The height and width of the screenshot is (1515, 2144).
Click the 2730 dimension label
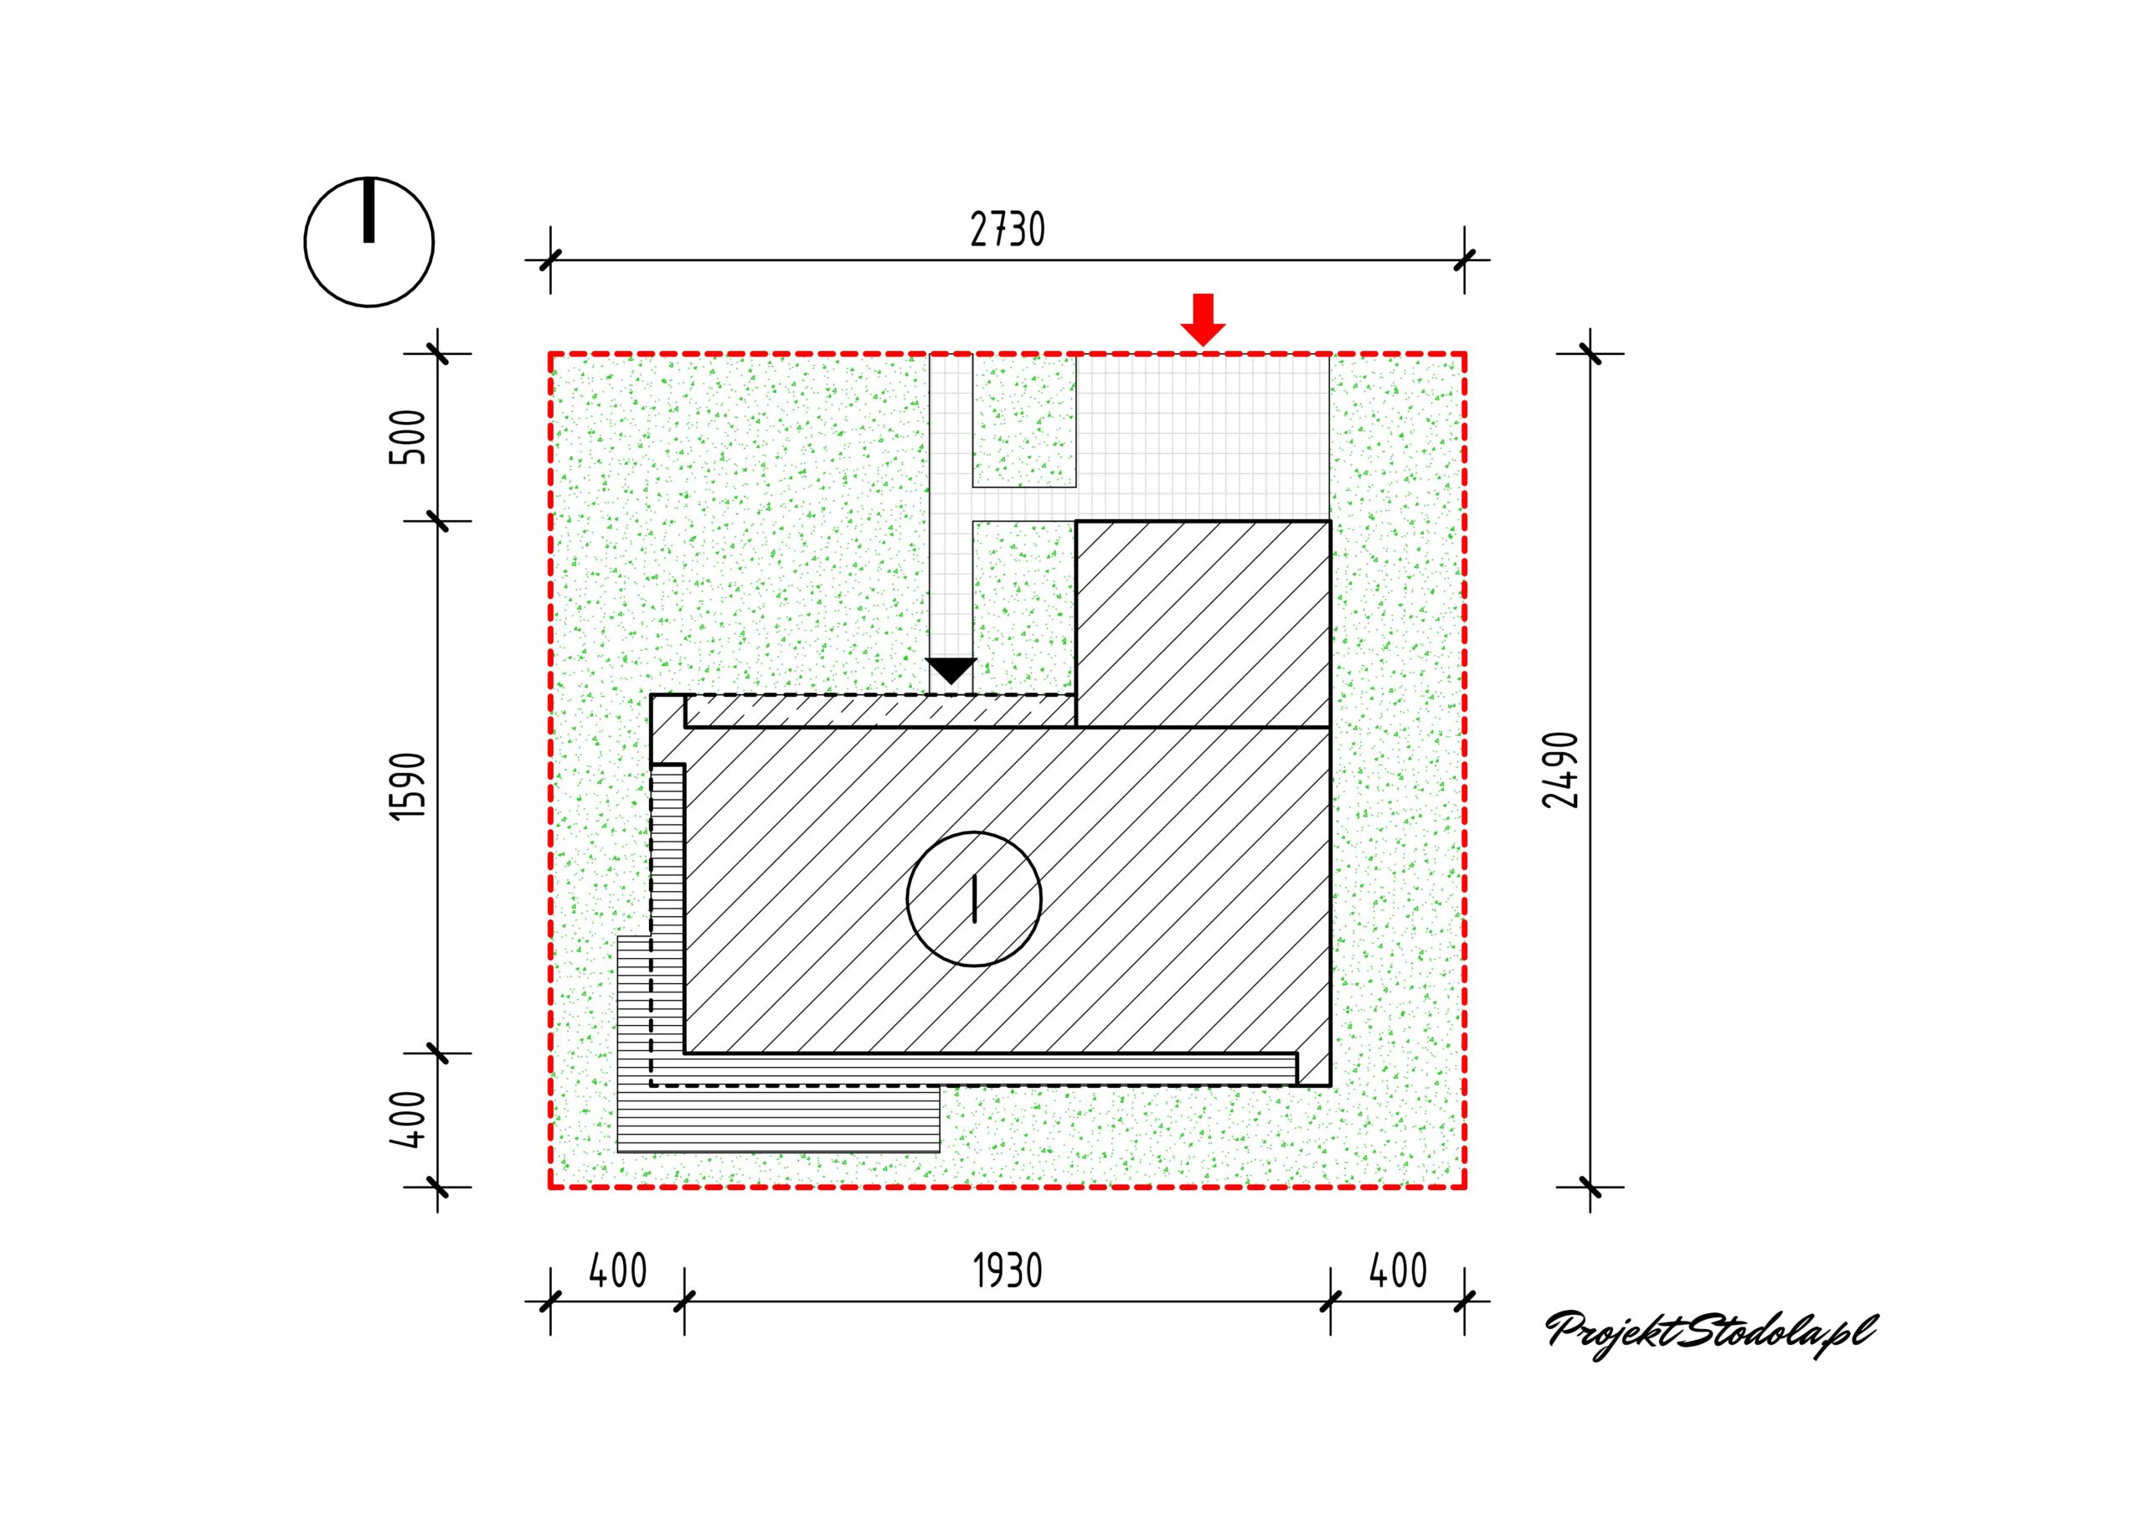pos(1008,229)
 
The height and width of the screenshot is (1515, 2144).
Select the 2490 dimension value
pos(1561,770)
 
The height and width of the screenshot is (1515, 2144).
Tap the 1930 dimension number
pos(1008,1271)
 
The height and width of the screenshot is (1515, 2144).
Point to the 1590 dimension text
pos(408,786)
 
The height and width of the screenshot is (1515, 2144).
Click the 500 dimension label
pos(408,437)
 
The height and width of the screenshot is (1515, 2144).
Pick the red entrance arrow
pos(1203,319)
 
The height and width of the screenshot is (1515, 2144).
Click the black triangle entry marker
pos(951,671)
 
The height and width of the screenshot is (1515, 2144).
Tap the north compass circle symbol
pos(368,241)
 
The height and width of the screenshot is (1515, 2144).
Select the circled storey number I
pos(974,899)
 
